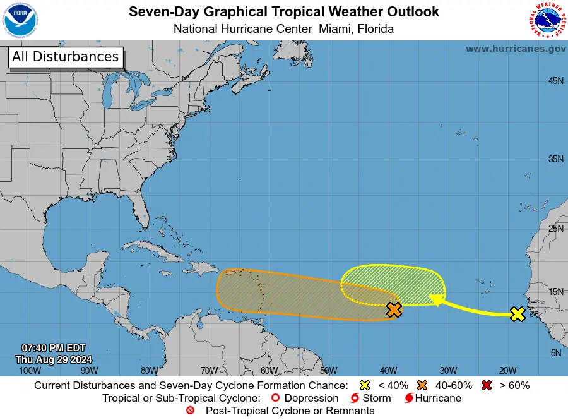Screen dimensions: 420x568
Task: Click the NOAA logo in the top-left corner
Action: pyautogui.click(x=20, y=20)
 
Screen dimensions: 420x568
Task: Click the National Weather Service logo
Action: pyautogui.click(x=546, y=20)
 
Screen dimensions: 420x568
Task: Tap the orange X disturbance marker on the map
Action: pyautogui.click(x=394, y=309)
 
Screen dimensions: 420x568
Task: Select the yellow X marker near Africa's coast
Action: pyautogui.click(x=518, y=314)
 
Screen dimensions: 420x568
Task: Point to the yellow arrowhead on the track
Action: pyautogui.click(x=434, y=299)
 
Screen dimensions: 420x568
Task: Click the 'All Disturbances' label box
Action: pyautogui.click(x=65, y=57)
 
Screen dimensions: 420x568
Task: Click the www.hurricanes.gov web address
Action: pyautogui.click(x=516, y=49)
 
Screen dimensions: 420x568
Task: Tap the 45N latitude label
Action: pyautogui.click(x=555, y=81)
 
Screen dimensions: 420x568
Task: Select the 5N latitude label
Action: pyautogui.click(x=555, y=353)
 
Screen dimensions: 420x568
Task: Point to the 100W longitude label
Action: pyautogui.click(x=26, y=371)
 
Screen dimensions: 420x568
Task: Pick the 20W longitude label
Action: pyautogui.click(x=507, y=371)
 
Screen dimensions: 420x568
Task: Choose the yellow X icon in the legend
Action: pyautogui.click(x=364, y=385)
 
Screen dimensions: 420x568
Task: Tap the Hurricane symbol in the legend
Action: pyautogui.click(x=410, y=399)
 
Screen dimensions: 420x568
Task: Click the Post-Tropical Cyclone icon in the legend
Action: pyautogui.click(x=190, y=411)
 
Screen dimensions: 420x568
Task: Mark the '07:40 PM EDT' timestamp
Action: pyautogui.click(x=54, y=348)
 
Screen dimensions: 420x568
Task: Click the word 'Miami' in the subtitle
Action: pyautogui.click(x=334, y=29)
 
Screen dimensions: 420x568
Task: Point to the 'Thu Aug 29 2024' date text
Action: pyautogui.click(x=54, y=359)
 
